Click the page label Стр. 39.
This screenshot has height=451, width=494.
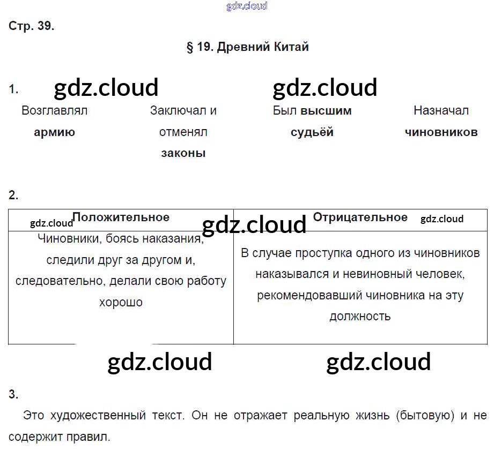point(32,26)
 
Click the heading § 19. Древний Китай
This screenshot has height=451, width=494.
point(247,47)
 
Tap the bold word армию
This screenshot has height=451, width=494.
point(54,132)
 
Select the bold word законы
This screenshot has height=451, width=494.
point(183,153)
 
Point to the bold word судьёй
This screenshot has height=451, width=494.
point(312,132)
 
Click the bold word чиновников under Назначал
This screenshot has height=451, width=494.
point(441,132)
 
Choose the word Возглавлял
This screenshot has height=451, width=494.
point(54,111)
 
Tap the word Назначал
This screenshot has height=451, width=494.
point(441,111)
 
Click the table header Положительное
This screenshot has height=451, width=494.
point(121,217)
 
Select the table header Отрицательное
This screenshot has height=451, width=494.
point(360,217)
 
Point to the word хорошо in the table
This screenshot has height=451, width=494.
point(121,302)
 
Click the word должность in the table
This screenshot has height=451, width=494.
point(360,316)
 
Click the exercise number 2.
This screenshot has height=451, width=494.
point(13,196)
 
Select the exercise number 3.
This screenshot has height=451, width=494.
point(13,395)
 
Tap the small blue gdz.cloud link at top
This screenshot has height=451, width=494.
point(247,6)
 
